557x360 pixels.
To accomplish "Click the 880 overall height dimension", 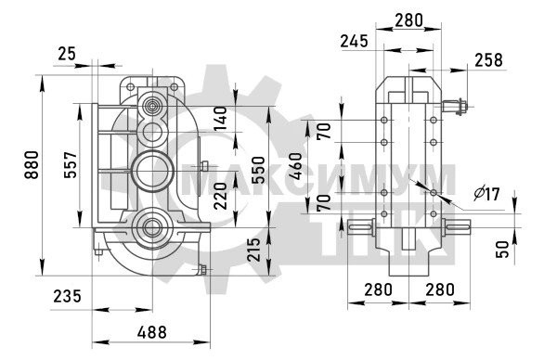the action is [32, 165].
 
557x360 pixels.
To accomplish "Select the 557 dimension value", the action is [71, 165].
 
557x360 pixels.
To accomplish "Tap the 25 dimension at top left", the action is [67, 54].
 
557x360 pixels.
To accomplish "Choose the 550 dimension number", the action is [259, 170].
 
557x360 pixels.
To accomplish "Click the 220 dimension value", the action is [221, 196].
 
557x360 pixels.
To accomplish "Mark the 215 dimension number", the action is [254, 250].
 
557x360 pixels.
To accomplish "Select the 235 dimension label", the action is [67, 296].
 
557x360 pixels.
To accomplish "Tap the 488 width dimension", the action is [152, 332].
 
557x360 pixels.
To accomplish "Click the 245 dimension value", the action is [355, 41].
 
